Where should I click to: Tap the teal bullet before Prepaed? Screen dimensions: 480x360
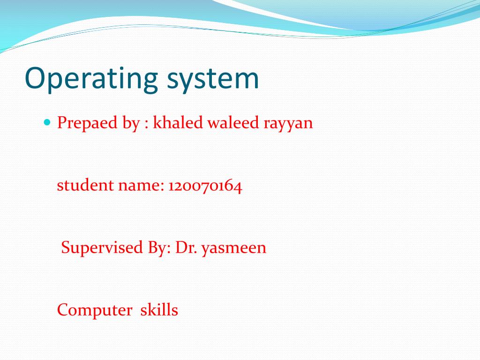pyautogui.click(x=47, y=122)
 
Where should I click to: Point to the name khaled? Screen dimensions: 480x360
pyautogui.click(x=178, y=122)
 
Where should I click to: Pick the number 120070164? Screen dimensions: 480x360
pyautogui.click(x=205, y=186)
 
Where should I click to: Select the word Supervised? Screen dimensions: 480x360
pyautogui.click(x=102, y=248)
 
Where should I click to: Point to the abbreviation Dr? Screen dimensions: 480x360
pyautogui.click(x=186, y=247)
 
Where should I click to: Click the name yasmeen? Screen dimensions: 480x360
pyautogui.click(x=234, y=249)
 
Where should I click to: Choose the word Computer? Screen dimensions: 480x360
pyautogui.click(x=95, y=310)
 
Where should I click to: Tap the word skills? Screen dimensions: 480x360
pyautogui.click(x=159, y=310)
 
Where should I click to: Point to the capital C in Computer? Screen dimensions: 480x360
pyautogui.click(x=63, y=310)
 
